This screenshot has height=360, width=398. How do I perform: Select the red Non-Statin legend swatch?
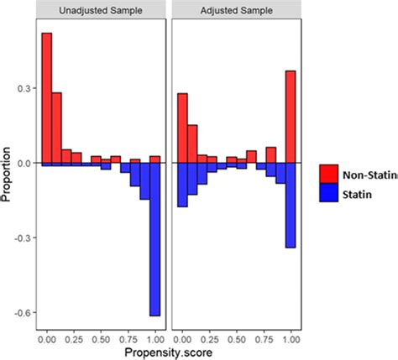tap(330, 173)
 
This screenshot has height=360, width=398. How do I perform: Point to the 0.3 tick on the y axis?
tap(25, 88)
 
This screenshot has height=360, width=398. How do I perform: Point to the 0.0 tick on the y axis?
tap(25, 163)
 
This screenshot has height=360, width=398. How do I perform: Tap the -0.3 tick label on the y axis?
tap(24, 237)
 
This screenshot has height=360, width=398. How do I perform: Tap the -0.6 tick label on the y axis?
tap(24, 312)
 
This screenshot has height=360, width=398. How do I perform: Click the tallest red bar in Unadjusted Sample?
tap(47, 97)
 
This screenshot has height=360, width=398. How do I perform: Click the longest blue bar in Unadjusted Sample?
tap(155, 239)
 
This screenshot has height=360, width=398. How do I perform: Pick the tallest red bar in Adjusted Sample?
tap(291, 117)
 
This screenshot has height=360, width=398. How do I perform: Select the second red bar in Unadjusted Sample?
tap(57, 128)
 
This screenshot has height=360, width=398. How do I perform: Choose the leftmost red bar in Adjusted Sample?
tap(182, 128)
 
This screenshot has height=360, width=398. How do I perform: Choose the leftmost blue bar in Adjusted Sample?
tap(182, 185)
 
